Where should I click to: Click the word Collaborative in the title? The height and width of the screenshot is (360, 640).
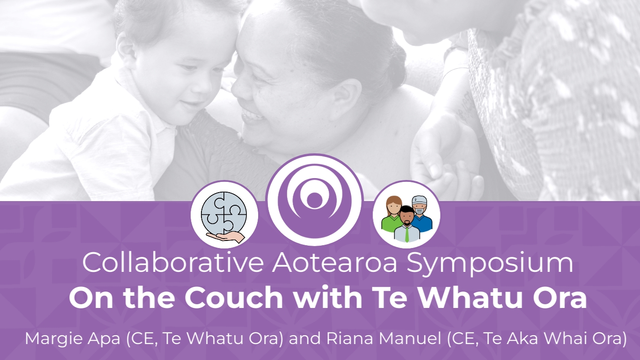(x=173, y=262)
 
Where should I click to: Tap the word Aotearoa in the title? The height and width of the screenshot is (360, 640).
(x=335, y=262)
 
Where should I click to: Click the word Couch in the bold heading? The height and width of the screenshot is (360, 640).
(x=234, y=297)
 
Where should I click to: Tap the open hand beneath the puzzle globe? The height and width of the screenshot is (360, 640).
(x=226, y=237)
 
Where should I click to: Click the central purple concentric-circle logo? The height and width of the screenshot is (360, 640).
(x=314, y=200)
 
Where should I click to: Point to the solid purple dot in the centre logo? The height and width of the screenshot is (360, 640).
(x=314, y=200)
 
